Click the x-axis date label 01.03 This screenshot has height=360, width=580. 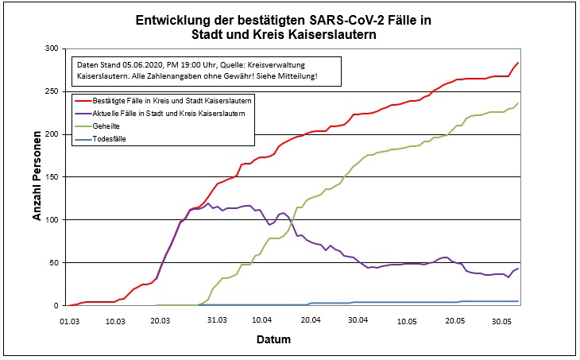[x=69, y=321]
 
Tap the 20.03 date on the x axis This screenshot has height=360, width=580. [x=160, y=321]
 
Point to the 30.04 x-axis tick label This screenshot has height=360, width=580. [x=358, y=321]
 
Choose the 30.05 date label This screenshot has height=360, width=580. [x=501, y=321]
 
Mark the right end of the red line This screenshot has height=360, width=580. [x=518, y=63]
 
